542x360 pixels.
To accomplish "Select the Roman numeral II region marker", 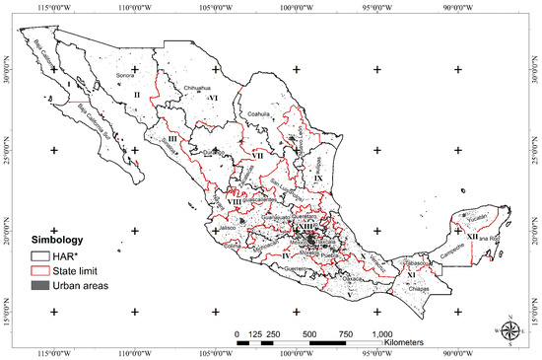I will tap(138, 95).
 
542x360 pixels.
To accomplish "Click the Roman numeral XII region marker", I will tap(473, 237).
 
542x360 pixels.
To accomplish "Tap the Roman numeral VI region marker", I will tap(213, 100).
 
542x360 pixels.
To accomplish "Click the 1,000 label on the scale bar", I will tap(383, 333).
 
